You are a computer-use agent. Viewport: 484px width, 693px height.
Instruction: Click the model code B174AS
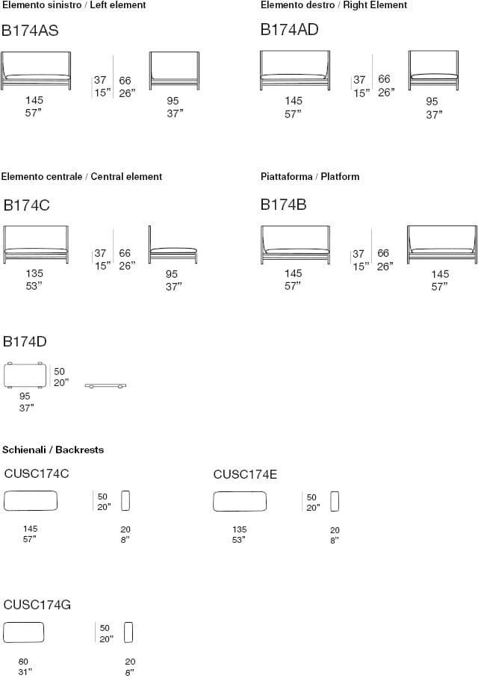pyautogui.click(x=30, y=31)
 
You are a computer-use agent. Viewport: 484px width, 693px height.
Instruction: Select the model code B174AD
pyautogui.click(x=289, y=30)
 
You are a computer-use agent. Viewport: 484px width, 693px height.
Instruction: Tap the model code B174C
pyautogui.click(x=27, y=205)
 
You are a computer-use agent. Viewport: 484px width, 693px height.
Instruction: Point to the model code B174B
pyautogui.click(x=283, y=205)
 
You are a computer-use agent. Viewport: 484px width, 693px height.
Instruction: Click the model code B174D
pyautogui.click(x=25, y=341)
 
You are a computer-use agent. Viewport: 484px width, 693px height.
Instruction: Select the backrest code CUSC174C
pyautogui.click(x=37, y=473)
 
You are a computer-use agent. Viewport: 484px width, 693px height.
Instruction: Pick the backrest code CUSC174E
pyautogui.click(x=245, y=473)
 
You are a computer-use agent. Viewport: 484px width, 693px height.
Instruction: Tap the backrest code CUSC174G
pyautogui.click(x=37, y=604)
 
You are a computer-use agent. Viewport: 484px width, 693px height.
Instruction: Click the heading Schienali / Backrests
pyautogui.click(x=53, y=450)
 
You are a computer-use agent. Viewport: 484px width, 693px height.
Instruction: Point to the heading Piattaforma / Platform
pyautogui.click(x=310, y=176)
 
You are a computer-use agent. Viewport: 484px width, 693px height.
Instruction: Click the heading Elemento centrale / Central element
pyautogui.click(x=81, y=176)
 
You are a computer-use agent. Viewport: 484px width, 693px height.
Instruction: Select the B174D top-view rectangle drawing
pyautogui.click(x=25, y=375)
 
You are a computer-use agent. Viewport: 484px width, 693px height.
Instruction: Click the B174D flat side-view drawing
pyautogui.click(x=105, y=386)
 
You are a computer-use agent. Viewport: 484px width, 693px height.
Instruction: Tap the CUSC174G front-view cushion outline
pyautogui.click(x=24, y=633)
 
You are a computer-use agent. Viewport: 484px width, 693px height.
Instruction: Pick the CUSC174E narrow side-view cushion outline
pyautogui.click(x=335, y=501)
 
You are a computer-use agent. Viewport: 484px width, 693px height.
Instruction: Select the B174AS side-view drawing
pyautogui.click(x=174, y=71)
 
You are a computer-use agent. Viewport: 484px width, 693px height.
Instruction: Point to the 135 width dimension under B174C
pyautogui.click(x=34, y=273)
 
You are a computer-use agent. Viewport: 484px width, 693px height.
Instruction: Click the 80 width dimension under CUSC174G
pyautogui.click(x=24, y=662)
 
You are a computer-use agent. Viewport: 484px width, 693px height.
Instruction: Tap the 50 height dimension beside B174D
pyautogui.click(x=60, y=371)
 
